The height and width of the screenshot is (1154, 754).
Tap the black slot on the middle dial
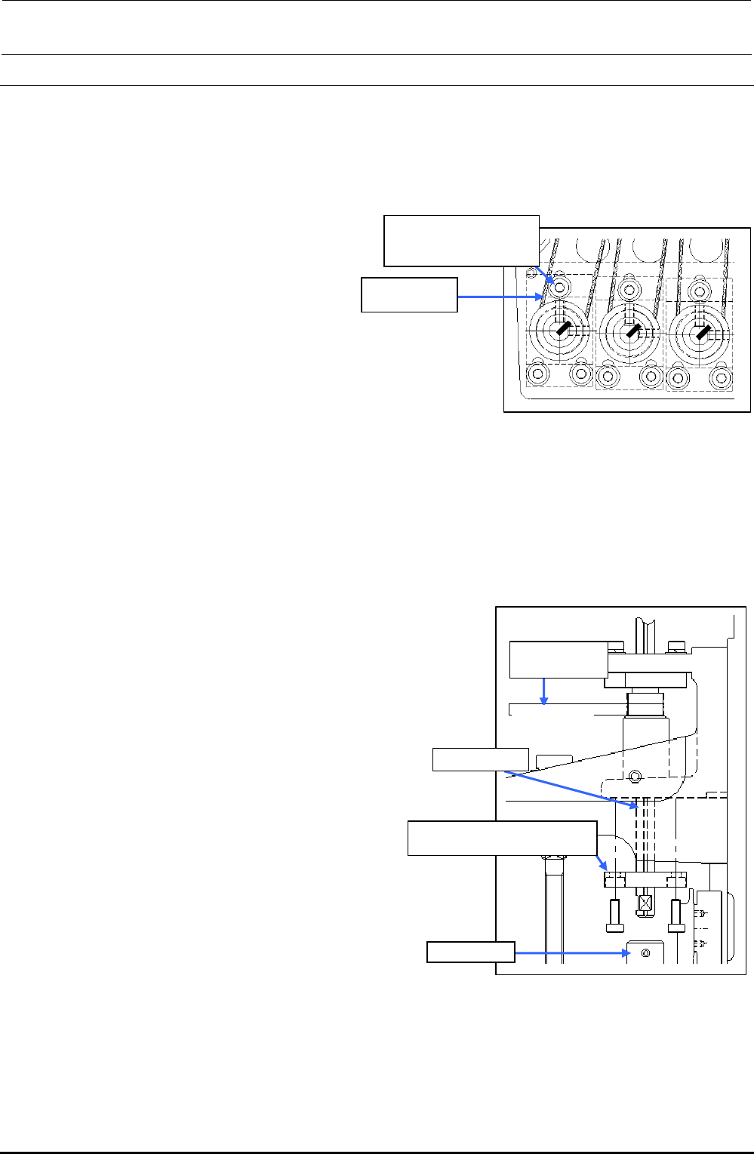coord(632,329)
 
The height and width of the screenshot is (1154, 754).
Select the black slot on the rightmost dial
coord(702,331)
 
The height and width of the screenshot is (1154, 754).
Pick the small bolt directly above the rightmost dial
coord(699,289)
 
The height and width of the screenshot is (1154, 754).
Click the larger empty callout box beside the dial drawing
coord(461,241)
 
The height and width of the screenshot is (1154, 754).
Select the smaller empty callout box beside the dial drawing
coord(409,294)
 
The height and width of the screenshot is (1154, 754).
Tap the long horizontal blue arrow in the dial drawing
coord(499,297)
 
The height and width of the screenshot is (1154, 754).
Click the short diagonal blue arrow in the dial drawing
coord(547,276)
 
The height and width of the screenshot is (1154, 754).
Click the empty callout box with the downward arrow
coord(558,660)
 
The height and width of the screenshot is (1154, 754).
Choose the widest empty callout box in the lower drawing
coord(502,838)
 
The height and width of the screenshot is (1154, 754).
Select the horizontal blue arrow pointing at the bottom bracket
coord(572,953)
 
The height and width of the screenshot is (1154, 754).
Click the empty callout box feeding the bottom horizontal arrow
coord(470,952)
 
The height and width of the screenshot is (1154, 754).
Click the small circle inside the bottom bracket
coord(644,953)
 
